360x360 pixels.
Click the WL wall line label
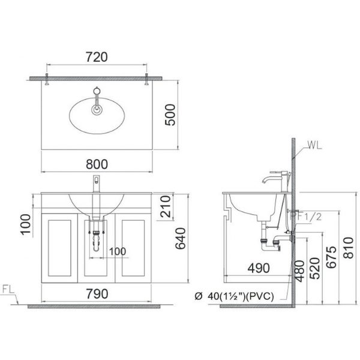316,145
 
